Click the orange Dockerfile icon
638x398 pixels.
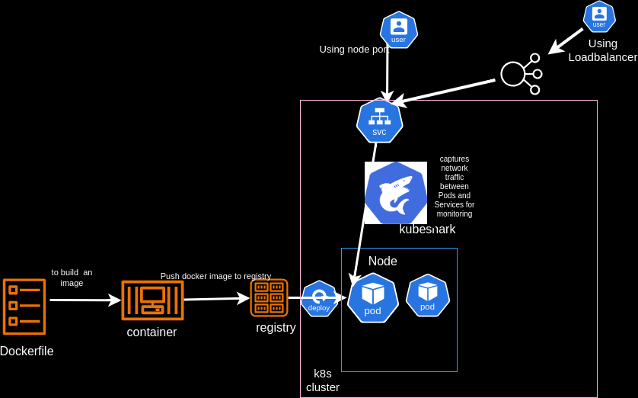24,307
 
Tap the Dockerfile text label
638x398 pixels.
27,351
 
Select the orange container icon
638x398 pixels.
152,300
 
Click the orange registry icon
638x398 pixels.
269,297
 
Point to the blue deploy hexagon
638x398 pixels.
319,298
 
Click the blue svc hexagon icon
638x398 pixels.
379,120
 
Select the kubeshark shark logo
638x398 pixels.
395,193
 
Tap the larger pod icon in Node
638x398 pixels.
373,297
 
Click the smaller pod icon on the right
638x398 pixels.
427,295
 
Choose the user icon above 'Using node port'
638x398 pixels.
398,30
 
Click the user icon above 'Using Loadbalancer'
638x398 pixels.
599,16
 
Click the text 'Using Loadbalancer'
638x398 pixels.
602,50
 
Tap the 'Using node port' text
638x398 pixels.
353,50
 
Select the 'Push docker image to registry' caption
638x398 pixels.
215,276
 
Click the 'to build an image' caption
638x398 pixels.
72,278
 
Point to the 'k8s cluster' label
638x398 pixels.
323,380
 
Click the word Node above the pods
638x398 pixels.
382,262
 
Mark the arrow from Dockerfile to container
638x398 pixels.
85,300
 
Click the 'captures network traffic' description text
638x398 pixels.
455,186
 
